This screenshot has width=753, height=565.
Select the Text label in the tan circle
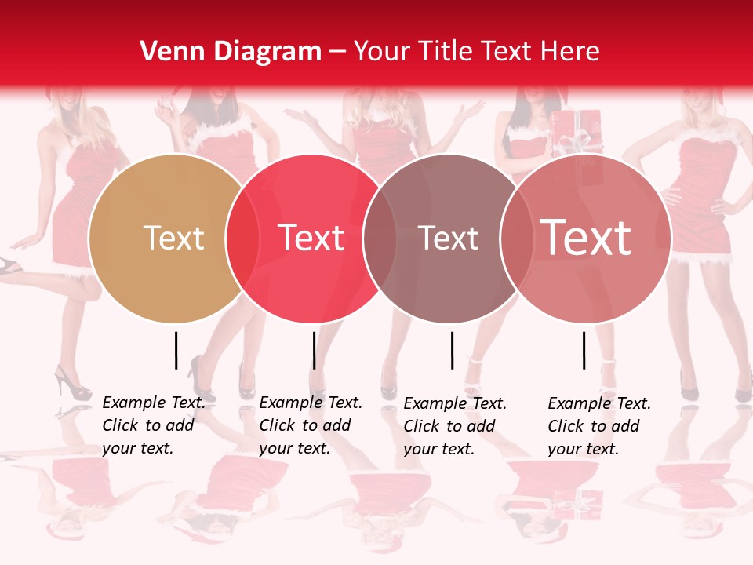pyautogui.click(x=173, y=238)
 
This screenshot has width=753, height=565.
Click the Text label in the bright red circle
pyautogui.click(x=311, y=238)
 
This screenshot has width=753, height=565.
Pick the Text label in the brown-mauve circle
pyautogui.click(x=448, y=238)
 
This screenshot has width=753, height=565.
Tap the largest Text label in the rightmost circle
pyautogui.click(x=586, y=237)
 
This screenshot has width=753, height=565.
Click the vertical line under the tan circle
pyautogui.click(x=176, y=350)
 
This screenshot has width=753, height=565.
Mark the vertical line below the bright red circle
pyautogui.click(x=314, y=350)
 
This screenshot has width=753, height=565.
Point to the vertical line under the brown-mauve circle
pyautogui.click(x=452, y=350)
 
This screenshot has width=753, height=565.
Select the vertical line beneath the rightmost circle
pyautogui.click(x=584, y=350)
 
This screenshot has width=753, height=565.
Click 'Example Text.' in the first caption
pyautogui.click(x=154, y=403)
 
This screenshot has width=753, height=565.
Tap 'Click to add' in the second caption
pyautogui.click(x=304, y=425)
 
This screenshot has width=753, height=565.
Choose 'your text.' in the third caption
pyautogui.click(x=438, y=449)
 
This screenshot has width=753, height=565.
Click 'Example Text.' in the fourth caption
pyautogui.click(x=599, y=403)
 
